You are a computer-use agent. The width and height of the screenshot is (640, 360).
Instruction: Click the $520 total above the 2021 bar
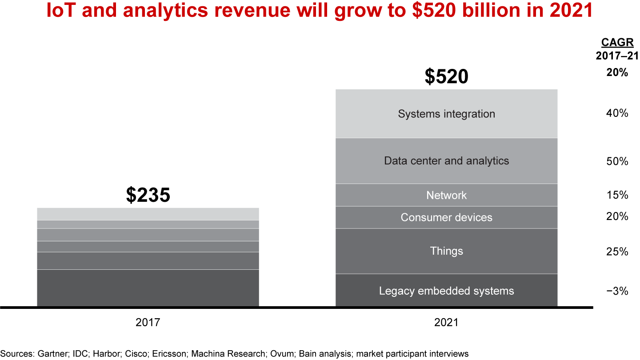pos(446,76)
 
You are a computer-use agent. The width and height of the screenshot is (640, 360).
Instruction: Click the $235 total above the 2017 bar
pos(148,195)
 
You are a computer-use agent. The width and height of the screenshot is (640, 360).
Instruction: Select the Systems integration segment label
pos(446,114)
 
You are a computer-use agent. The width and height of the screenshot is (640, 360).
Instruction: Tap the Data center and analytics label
pos(446,160)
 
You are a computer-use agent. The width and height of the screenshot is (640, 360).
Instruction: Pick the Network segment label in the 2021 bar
pos(446,195)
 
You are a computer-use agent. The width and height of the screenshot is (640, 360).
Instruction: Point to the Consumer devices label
pos(446,217)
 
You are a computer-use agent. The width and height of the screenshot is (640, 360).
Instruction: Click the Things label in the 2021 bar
pos(446,251)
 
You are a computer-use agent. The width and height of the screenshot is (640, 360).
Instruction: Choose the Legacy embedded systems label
pos(446,291)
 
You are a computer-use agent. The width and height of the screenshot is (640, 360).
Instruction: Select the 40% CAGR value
pos(617,113)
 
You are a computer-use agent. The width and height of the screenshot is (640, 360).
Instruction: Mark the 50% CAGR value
pos(617,161)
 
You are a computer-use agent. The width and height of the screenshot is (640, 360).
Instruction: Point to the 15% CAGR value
pos(617,195)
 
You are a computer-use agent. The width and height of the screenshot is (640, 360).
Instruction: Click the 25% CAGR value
pos(617,252)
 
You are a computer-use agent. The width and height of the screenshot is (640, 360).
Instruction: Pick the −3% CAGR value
pos(617,291)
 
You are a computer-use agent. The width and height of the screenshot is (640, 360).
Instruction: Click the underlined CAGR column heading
pos(617,43)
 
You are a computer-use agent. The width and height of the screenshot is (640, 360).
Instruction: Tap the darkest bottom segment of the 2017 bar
pos(148,288)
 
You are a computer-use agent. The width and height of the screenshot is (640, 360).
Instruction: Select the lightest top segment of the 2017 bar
pos(148,214)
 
